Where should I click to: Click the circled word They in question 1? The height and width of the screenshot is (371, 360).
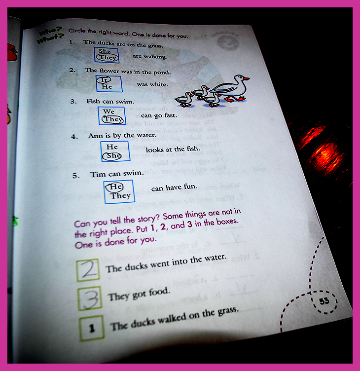point(108,58)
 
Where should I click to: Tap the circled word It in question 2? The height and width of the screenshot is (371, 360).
point(104,80)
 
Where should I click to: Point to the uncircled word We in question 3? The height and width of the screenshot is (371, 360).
point(109,111)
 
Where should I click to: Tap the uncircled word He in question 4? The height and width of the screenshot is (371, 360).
point(112,147)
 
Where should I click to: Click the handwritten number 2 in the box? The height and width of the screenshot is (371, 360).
point(88,269)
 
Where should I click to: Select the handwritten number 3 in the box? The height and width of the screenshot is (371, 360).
point(90,298)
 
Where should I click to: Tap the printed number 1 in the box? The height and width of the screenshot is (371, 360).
point(92,328)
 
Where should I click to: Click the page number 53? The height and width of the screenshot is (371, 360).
point(324,301)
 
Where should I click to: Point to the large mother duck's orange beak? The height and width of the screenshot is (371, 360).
point(246,78)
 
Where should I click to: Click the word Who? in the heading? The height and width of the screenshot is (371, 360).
point(51,31)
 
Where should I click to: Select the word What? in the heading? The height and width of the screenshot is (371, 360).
point(51,38)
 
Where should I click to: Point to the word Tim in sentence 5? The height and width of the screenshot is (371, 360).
point(98,175)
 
